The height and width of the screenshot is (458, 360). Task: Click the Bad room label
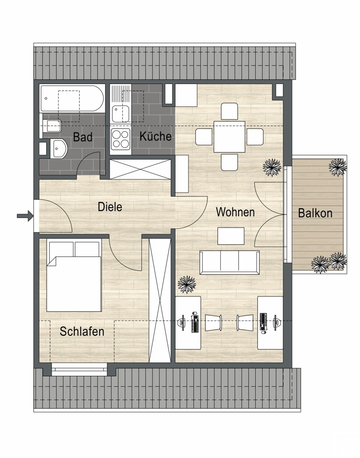click(82, 137)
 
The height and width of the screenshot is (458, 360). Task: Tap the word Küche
click(155, 136)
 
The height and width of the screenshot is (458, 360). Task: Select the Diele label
click(110, 207)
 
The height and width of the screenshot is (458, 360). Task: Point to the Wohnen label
click(235, 212)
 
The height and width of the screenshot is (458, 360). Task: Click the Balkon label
click(315, 213)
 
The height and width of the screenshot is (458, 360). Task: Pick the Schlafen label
click(82, 331)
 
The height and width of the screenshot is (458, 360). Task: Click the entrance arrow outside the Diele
click(25, 216)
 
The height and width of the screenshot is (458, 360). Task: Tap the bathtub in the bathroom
click(72, 98)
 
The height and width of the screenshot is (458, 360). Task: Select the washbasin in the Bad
click(59, 148)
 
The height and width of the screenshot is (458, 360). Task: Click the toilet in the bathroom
click(52, 126)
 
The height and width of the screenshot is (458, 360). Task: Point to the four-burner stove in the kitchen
click(121, 139)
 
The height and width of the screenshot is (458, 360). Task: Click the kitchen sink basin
click(121, 114)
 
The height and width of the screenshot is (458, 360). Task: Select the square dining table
click(229, 137)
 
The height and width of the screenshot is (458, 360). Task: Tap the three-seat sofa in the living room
click(229, 263)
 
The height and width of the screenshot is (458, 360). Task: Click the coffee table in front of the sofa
click(231, 236)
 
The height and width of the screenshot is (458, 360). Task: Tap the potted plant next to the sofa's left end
click(187, 284)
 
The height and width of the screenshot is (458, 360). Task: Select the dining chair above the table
click(229, 112)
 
